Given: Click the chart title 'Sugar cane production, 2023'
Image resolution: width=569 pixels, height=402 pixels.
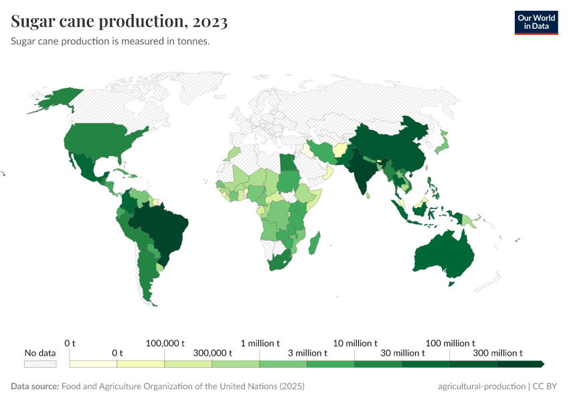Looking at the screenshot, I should (119, 21).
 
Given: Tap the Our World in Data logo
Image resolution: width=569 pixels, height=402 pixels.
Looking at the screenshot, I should (536, 22).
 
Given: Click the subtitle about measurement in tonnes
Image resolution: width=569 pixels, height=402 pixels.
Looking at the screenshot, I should (110, 42).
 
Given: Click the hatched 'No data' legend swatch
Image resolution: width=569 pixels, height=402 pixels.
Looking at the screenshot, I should (40, 364).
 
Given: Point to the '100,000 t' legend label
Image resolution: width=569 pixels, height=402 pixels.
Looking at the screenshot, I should (165, 343).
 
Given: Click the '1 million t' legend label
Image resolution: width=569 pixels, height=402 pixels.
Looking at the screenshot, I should (260, 343).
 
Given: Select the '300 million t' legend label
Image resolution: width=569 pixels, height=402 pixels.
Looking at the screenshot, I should (497, 353).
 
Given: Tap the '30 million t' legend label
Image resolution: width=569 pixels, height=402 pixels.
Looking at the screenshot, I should (402, 353).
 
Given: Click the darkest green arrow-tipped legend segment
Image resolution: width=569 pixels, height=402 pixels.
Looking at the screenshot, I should (521, 364).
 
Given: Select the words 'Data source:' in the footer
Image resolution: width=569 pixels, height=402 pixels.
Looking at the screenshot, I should (35, 387).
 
